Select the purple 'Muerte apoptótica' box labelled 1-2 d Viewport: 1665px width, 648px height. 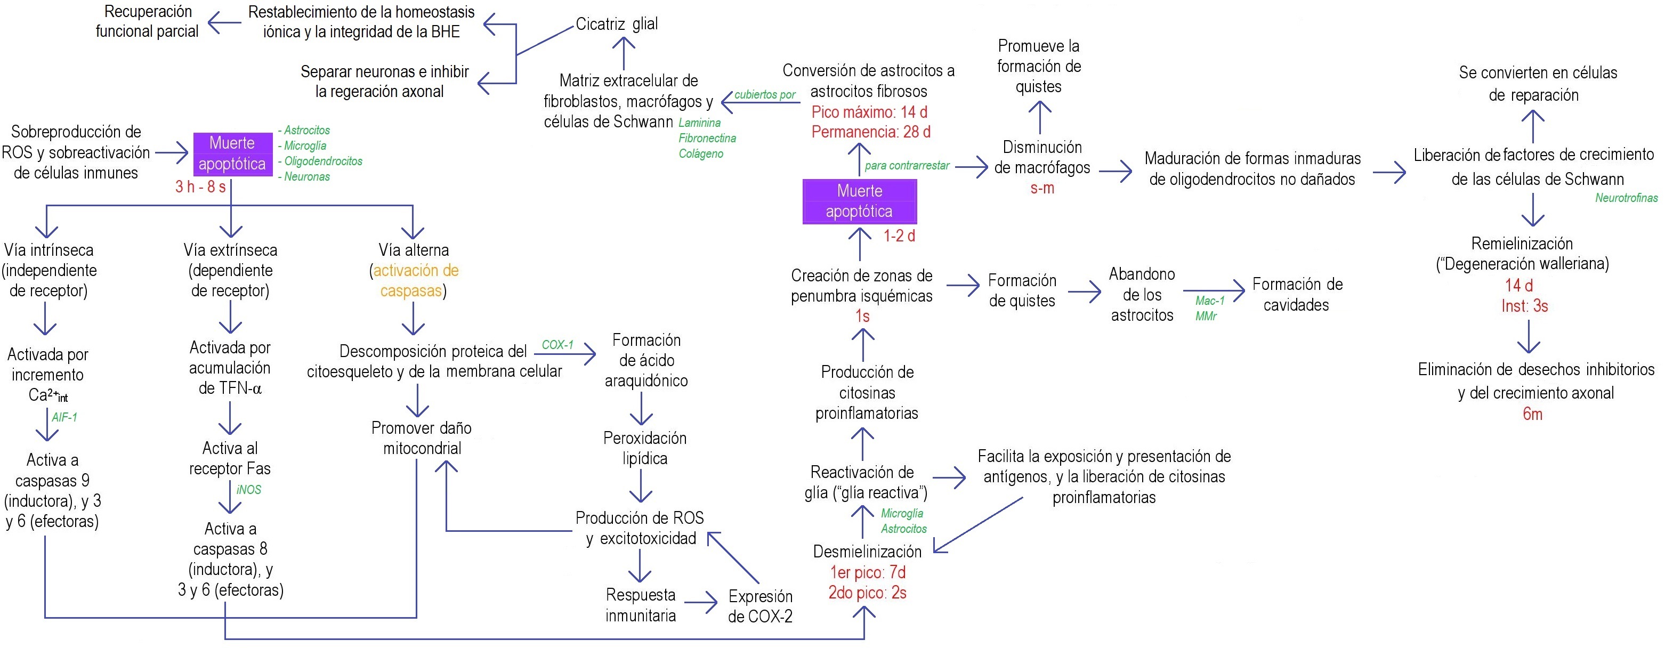[x=859, y=201]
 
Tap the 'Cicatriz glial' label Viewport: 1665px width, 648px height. [x=617, y=25]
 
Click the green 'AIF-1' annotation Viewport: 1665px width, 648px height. [x=64, y=417]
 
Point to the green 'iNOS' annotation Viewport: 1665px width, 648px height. [x=249, y=490]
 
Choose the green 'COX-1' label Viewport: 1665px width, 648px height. [x=557, y=345]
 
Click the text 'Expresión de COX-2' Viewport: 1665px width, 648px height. [x=760, y=606]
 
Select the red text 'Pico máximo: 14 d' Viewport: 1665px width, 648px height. [x=869, y=112]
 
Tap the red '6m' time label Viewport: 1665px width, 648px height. [x=1532, y=414]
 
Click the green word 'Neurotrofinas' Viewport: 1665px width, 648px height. [x=1626, y=198]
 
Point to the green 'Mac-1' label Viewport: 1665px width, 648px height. [x=1210, y=301]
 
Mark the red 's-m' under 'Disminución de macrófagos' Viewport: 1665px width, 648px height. [x=1042, y=189]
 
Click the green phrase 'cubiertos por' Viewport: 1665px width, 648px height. [x=765, y=95]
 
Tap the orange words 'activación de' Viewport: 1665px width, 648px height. [x=416, y=271]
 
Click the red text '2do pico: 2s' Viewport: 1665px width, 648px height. [x=867, y=593]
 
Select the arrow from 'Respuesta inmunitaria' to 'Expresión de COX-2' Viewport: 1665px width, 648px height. [x=701, y=603]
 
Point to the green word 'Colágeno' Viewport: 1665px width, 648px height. [x=701, y=154]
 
